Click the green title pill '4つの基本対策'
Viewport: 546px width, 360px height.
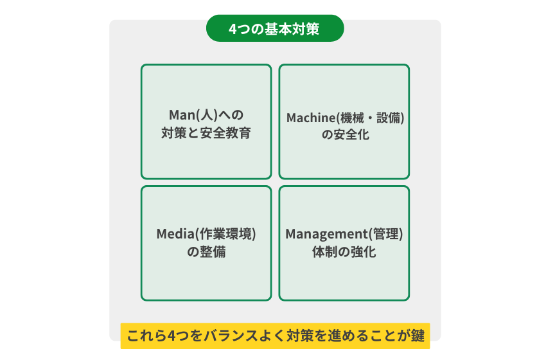coord(274,29)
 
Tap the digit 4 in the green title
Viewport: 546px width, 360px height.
coord(233,30)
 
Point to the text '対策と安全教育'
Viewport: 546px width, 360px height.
coord(206,134)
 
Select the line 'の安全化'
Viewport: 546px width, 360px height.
coord(344,136)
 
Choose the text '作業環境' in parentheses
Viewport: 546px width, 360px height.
coord(225,234)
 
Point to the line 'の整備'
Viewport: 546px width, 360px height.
coord(206,252)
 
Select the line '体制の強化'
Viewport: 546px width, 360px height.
coord(344,252)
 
